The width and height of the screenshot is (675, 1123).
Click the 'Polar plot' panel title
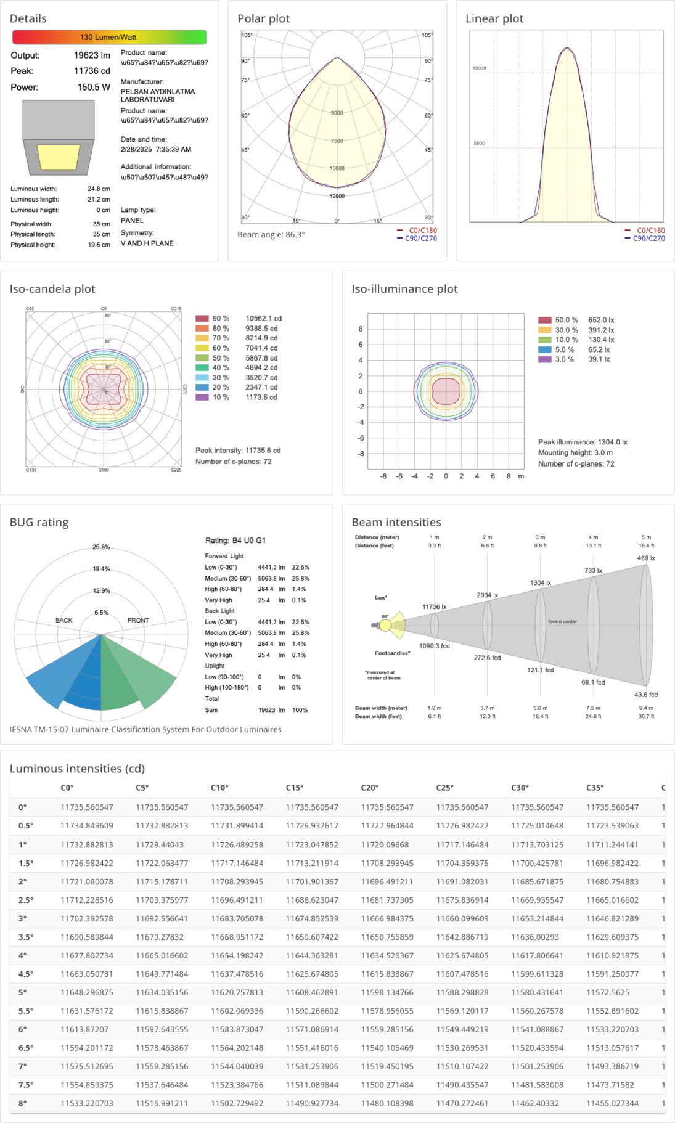coord(263,18)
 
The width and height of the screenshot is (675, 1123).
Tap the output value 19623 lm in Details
coord(92,55)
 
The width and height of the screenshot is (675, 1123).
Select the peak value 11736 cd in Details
coord(92,71)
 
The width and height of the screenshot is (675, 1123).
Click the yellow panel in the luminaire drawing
coord(59,157)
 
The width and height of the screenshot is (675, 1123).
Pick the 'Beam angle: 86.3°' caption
coord(271,235)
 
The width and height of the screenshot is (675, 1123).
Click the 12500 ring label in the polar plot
coord(337,197)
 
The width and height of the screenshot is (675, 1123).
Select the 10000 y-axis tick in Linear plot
coord(480,68)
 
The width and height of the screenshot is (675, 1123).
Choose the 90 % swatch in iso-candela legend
coord(202,319)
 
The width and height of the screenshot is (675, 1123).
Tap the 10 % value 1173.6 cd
coord(261,398)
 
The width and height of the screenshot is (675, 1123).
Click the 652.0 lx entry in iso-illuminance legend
coord(601,321)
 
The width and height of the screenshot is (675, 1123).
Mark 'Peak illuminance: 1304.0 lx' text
coord(583,442)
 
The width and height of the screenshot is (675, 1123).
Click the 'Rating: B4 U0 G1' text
coord(235,541)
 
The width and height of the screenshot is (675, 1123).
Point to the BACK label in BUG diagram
coord(64,621)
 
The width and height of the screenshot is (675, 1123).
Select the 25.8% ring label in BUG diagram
coord(101,547)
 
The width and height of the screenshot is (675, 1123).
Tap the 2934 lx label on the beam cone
coord(487,595)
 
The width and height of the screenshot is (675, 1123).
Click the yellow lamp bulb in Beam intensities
coord(385,626)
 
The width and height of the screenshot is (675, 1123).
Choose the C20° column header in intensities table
coord(370,788)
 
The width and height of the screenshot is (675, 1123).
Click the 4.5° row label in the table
coord(26,974)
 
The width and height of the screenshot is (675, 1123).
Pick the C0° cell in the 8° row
coord(87,1103)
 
